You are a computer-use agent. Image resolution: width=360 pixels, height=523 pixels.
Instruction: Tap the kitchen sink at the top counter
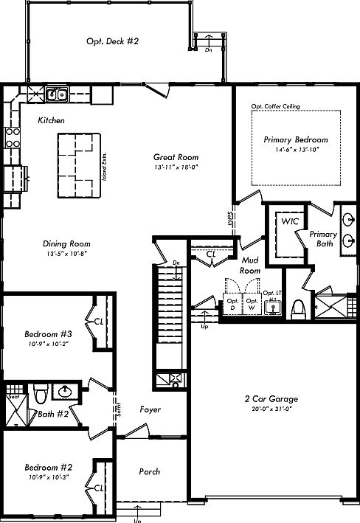point(58,94)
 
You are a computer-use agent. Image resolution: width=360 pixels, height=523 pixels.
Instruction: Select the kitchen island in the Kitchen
point(78,166)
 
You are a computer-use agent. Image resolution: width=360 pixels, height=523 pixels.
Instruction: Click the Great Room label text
point(176,157)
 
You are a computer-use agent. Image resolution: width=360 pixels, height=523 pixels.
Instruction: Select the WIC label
point(287,220)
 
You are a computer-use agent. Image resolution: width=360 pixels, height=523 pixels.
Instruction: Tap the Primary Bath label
point(323,239)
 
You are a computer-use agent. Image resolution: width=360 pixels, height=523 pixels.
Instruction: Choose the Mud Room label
point(250,265)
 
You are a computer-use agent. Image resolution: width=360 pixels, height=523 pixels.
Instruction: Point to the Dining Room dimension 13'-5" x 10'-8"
point(66,254)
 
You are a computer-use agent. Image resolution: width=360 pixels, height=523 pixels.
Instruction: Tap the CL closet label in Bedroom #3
point(99,321)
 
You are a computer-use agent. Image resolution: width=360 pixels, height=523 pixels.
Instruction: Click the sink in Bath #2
point(66,392)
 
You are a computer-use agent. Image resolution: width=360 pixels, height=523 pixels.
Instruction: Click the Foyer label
point(150,409)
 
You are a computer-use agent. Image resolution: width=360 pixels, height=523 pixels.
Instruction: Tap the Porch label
point(150,471)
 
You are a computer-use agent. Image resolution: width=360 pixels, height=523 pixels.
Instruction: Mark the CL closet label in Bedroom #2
point(99,488)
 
